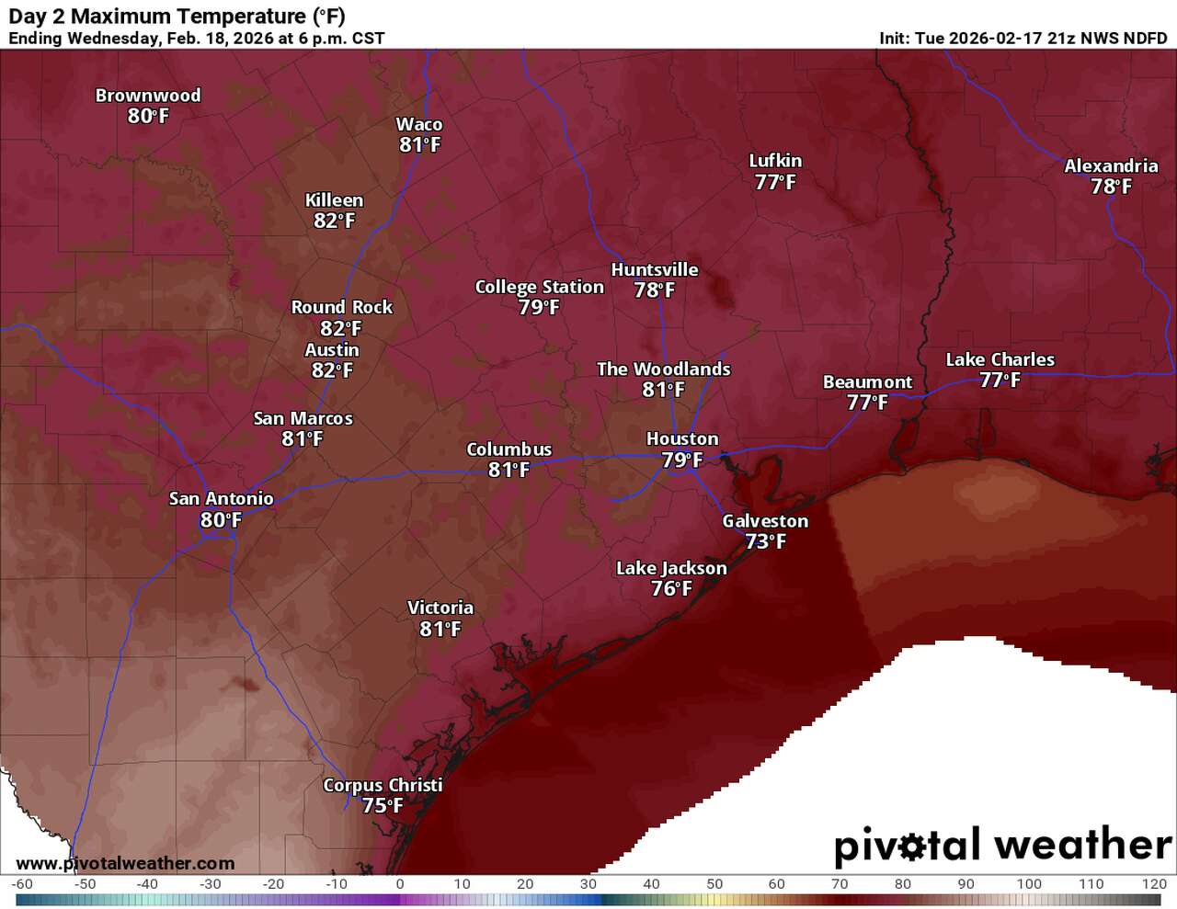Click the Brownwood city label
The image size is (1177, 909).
point(147,96)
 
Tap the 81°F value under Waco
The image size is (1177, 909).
point(419,145)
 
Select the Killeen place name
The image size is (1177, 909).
point(334,200)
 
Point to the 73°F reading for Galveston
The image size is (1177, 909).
point(765,541)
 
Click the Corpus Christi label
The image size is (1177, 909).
point(383,785)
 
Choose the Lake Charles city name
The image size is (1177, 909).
point(1000,359)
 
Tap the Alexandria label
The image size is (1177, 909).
point(1111,166)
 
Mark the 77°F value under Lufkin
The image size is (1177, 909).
point(775,182)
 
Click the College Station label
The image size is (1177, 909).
point(539,287)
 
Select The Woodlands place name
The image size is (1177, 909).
point(663,369)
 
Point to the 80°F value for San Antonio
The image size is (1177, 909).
point(221,520)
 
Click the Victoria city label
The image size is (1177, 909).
point(440,608)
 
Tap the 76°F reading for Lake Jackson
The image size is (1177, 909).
point(671,589)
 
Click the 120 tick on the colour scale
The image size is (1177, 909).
point(1154,884)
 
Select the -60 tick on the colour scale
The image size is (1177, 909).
point(22,884)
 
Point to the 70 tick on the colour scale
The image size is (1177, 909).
point(840,884)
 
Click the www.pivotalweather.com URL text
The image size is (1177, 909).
point(125,863)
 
